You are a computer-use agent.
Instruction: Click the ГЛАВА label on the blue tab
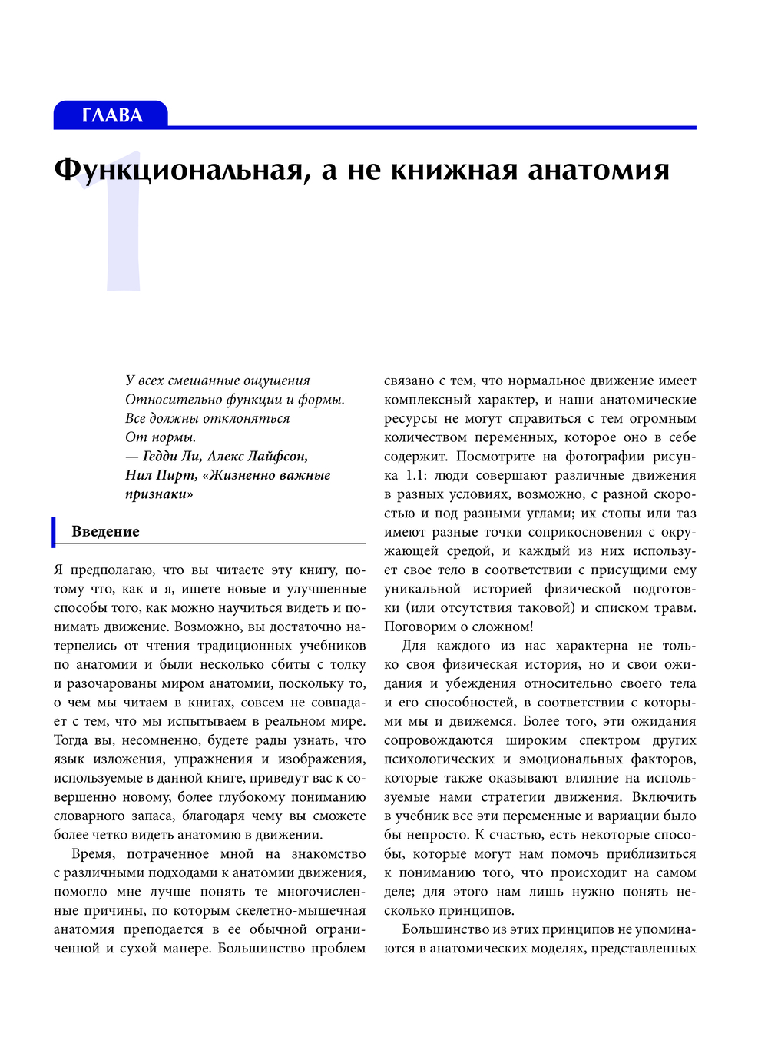click(111, 115)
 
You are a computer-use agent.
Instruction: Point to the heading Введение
click(105, 531)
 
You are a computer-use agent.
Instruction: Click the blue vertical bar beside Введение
click(55, 532)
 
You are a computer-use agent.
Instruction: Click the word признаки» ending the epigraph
click(159, 494)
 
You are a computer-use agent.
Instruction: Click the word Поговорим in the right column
click(416, 627)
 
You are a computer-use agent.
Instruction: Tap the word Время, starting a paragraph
click(92, 853)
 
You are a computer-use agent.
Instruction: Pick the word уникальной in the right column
click(422, 589)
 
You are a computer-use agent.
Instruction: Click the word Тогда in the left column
click(71, 740)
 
